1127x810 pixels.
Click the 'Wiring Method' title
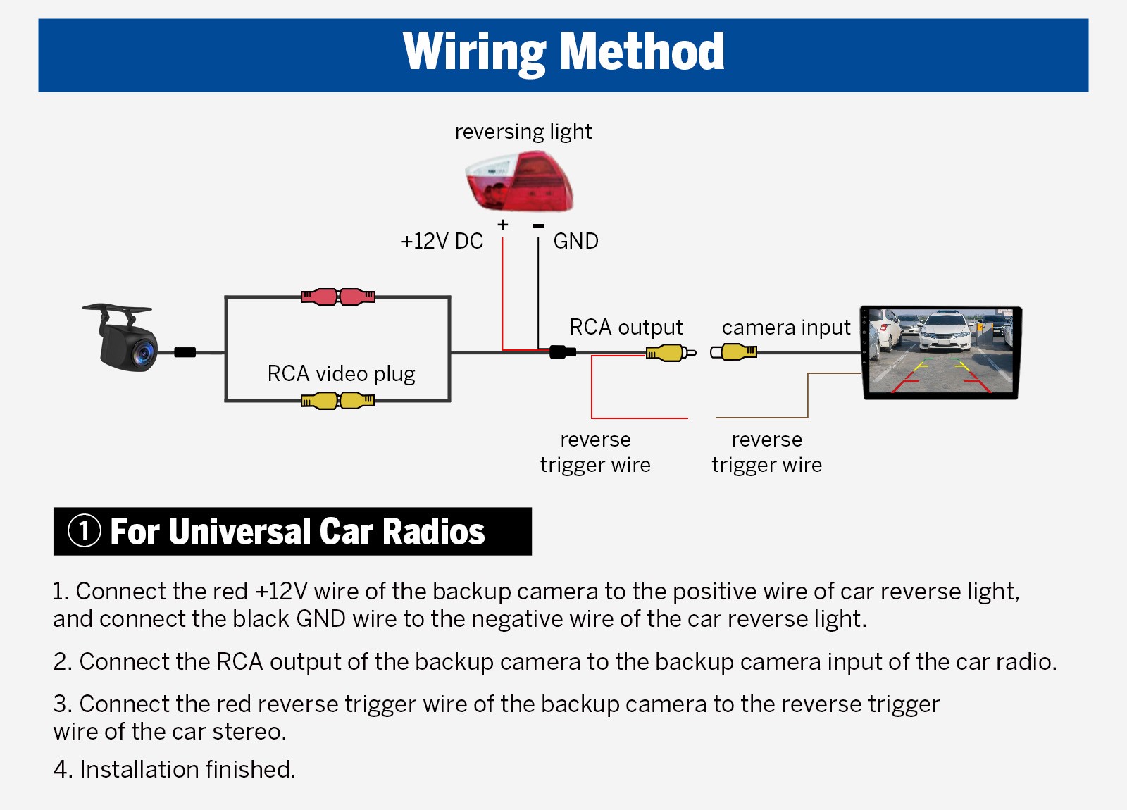[563, 52]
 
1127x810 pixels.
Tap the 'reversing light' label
[523, 132]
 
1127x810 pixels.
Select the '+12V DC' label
[442, 242]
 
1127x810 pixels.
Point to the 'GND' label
[575, 242]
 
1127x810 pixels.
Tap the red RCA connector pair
[338, 297]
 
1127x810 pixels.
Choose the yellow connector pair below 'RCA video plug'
[338, 401]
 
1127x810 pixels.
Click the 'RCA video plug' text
[341, 373]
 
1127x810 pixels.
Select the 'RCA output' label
[625, 328]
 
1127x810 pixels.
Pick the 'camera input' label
[786, 328]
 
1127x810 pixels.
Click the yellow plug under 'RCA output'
[670, 352]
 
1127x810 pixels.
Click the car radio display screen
[941, 352]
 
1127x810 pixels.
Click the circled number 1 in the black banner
[84, 531]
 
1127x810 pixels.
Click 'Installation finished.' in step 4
[187, 769]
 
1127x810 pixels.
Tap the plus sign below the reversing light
[502, 225]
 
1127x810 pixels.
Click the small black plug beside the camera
[185, 352]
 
